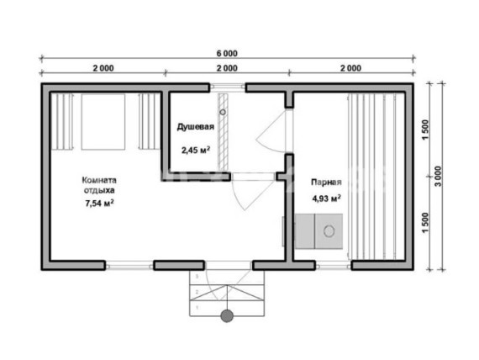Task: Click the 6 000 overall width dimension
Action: click(227, 54)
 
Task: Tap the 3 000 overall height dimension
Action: click(438, 177)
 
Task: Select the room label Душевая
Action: click(196, 127)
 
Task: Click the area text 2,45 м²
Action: click(196, 150)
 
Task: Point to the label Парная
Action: click(326, 183)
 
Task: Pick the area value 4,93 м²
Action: click(326, 199)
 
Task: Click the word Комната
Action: click(99, 180)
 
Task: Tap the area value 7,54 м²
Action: click(100, 203)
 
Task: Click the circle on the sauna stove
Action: click(329, 231)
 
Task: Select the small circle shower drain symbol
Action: click(223, 112)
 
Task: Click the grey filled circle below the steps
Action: click(227, 316)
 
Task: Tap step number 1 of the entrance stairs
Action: click(197, 307)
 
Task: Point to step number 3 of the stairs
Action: click(197, 277)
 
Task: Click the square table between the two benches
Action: click(103, 122)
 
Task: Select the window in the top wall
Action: click(227, 87)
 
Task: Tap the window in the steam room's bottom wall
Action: click(334, 266)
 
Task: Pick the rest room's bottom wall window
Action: click(129, 265)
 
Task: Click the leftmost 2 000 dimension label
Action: click(103, 68)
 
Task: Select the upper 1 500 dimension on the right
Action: click(425, 130)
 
